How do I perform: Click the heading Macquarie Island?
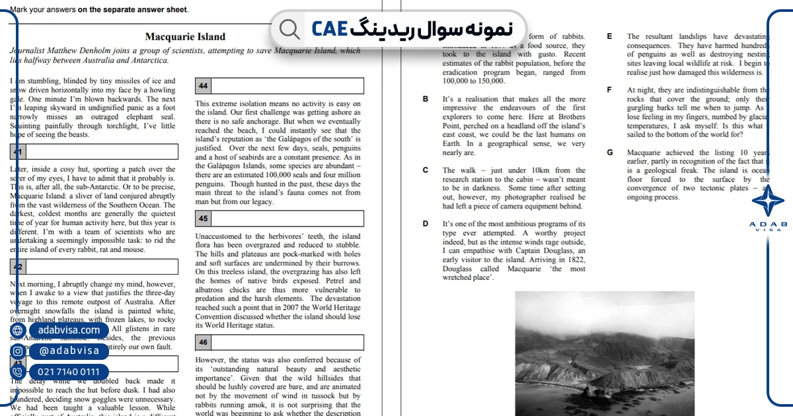click(x=185, y=37)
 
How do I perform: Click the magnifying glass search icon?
click(x=289, y=28)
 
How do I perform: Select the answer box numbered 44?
click(x=279, y=86)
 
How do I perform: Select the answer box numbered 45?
click(x=279, y=219)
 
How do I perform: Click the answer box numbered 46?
click(x=279, y=342)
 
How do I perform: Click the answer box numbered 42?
click(x=94, y=267)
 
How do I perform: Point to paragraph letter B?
click(x=426, y=99)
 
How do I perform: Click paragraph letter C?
click(x=426, y=170)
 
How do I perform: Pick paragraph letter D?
click(x=426, y=224)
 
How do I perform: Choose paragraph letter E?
click(x=609, y=37)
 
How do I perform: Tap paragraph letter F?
click(x=609, y=90)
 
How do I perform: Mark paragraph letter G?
click(x=609, y=153)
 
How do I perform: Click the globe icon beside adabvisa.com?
click(x=18, y=330)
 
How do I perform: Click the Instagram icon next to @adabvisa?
click(x=18, y=351)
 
